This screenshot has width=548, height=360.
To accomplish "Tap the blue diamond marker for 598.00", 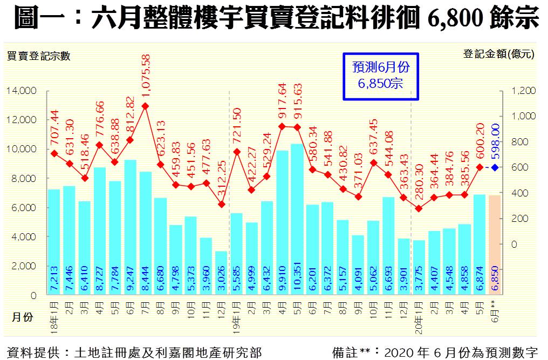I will tap(494, 168).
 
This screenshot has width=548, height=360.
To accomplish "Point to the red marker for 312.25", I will tap(221, 204).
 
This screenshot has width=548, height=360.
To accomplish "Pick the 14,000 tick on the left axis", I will tap(22, 91).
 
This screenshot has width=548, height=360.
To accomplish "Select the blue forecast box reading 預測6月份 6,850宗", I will tap(381, 76).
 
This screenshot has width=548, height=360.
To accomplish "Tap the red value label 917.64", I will tap(282, 103).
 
